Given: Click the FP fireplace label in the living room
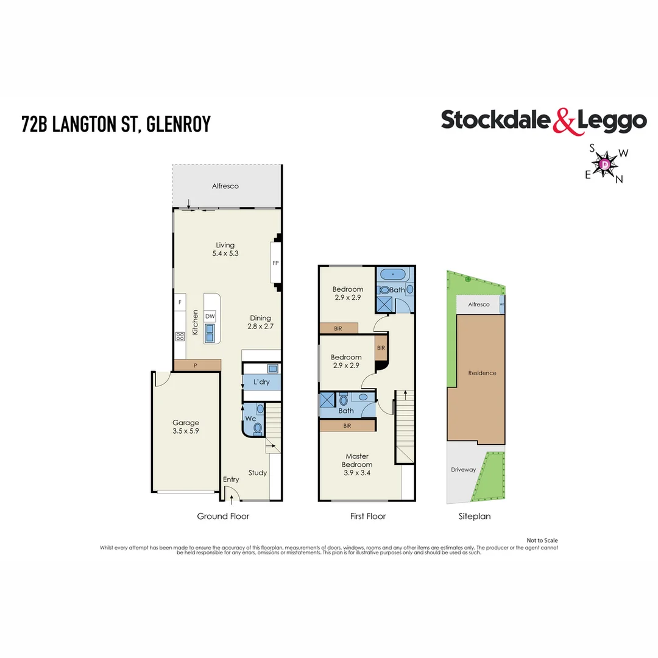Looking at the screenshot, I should (275, 264).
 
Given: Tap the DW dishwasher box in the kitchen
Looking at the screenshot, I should (210, 316).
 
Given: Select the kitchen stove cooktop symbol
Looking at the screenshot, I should (180, 336).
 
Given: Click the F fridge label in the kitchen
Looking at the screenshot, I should (180, 302).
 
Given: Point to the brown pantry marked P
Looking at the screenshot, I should (196, 365).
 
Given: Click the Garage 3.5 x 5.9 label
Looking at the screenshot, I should (185, 426).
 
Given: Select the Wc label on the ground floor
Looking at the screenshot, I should (250, 419).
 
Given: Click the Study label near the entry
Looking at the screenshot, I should (258, 473).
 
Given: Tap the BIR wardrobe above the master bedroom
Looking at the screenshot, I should (347, 426).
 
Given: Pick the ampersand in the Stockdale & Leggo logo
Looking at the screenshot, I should (564, 121).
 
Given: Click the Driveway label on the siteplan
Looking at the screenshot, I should (463, 470).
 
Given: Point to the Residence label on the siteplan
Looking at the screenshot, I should (482, 373).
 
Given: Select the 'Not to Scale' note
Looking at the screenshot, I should (542, 540).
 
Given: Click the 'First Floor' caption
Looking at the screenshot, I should (367, 516).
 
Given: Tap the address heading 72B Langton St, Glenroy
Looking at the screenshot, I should (116, 124).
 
